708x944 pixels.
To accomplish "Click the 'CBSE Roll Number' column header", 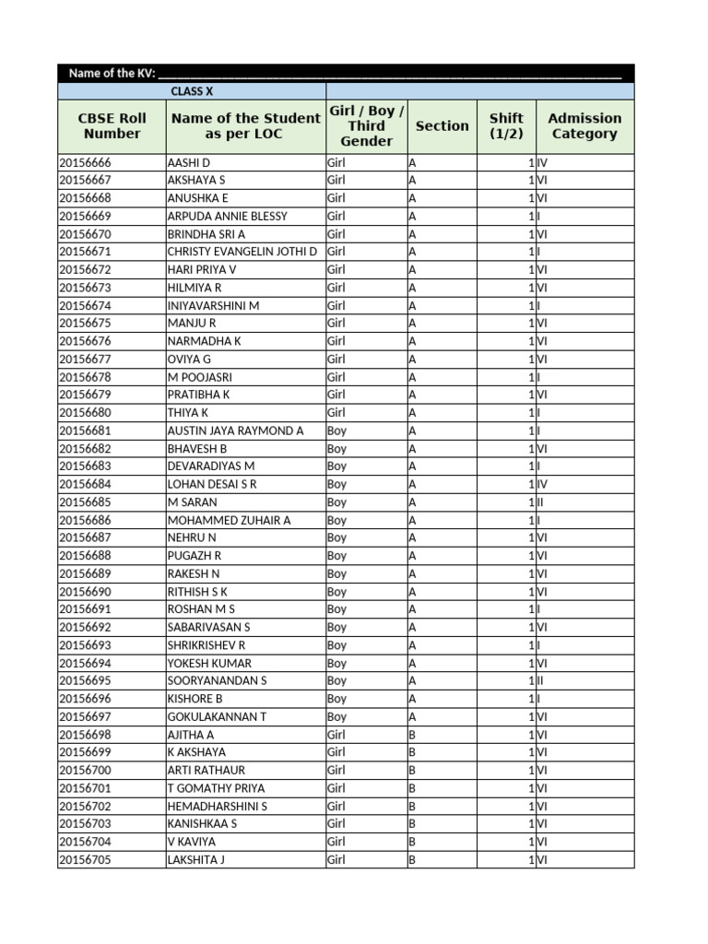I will tap(112, 126).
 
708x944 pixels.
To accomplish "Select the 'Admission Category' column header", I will tap(584, 126).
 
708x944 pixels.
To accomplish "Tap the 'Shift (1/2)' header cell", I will tap(506, 126).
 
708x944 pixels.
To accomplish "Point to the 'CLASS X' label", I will tap(192, 91).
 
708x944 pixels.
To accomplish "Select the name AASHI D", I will tap(189, 163).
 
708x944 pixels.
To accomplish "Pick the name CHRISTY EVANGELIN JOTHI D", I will tap(242, 253).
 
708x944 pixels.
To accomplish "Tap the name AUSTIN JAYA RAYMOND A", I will tap(235, 431).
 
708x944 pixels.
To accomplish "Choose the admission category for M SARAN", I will tap(543, 502).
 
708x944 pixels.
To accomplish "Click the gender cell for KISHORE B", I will tap(337, 700).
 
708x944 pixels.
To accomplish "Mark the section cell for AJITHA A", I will tap(413, 735).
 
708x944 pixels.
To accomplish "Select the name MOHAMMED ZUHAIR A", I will tap(229, 521).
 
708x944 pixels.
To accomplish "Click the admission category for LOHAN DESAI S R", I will tap(544, 485).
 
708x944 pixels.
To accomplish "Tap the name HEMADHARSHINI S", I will tap(217, 807).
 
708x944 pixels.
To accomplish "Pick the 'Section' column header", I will tap(442, 126).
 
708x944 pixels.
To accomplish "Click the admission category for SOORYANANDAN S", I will tap(543, 681).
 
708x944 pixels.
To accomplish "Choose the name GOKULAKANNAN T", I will tap(217, 717).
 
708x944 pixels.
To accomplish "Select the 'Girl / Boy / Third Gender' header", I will tap(366, 126).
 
